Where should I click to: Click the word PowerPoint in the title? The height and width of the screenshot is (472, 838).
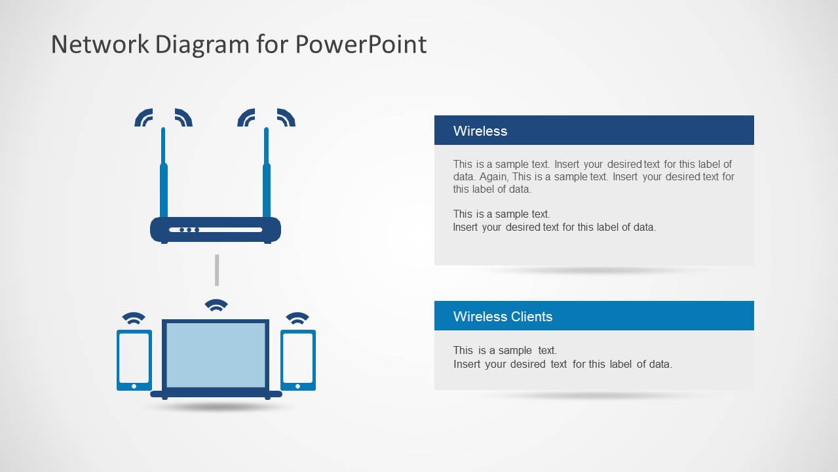pos(360,45)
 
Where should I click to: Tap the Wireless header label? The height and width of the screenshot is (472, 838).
pos(480,131)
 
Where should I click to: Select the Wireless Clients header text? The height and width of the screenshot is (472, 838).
pos(503,317)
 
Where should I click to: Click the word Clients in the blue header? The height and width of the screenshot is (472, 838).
pos(529,317)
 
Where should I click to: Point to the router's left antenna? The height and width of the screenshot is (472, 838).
pos(163,177)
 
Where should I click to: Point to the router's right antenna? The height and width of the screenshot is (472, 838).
pos(267,177)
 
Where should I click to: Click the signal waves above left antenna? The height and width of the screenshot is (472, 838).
pos(163,117)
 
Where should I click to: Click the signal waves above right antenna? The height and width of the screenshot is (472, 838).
pos(266,117)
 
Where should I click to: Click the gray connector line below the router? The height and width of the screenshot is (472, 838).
pos(217,270)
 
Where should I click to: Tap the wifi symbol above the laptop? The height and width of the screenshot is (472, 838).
pos(216,305)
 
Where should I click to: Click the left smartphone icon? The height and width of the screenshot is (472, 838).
pos(134,360)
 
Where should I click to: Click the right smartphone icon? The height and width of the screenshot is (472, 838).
pos(298,360)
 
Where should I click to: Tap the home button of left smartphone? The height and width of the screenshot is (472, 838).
pos(134,386)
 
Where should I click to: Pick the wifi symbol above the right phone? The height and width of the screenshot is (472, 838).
pos(297,318)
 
